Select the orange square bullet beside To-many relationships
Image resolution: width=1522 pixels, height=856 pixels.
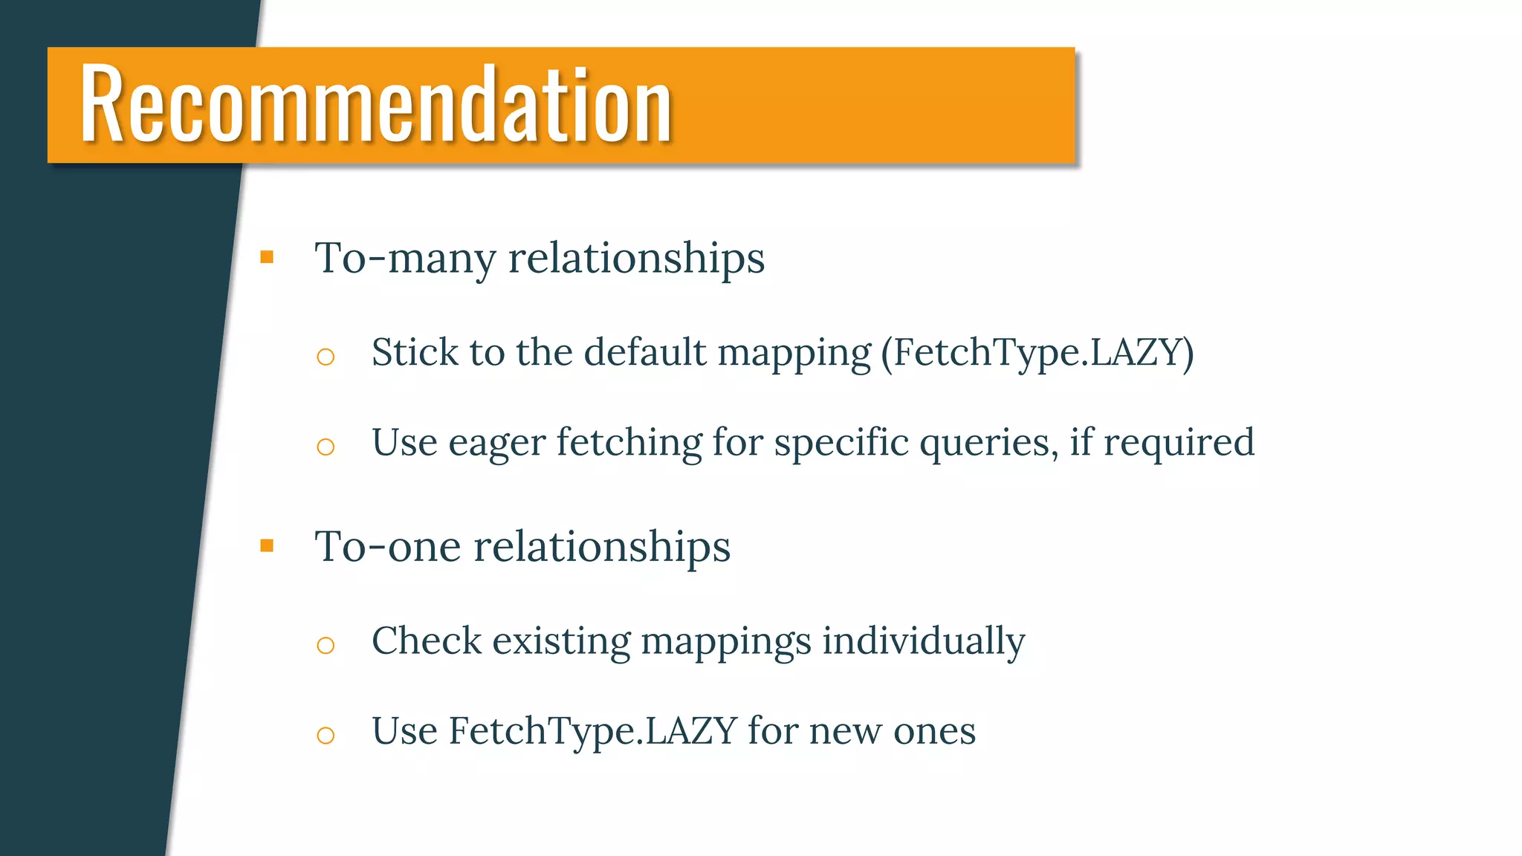(x=267, y=258)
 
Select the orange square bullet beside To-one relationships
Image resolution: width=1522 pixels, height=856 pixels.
(x=267, y=546)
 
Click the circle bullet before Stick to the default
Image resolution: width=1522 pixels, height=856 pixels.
(x=326, y=357)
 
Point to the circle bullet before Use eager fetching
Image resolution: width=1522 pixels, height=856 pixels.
(x=326, y=447)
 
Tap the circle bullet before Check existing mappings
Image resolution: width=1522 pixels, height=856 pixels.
(x=326, y=645)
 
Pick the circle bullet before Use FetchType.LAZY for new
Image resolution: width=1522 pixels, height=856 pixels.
(x=326, y=736)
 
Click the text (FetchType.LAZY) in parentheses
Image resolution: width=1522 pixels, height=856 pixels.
(x=1037, y=353)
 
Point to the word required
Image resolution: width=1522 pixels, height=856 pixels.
(x=1179, y=444)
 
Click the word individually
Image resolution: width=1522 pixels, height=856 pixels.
(x=923, y=641)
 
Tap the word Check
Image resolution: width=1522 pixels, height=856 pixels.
(x=426, y=641)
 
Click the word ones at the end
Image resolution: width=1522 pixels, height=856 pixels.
(x=934, y=731)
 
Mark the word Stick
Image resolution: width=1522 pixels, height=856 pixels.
(x=415, y=352)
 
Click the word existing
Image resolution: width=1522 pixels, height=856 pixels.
(x=561, y=641)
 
